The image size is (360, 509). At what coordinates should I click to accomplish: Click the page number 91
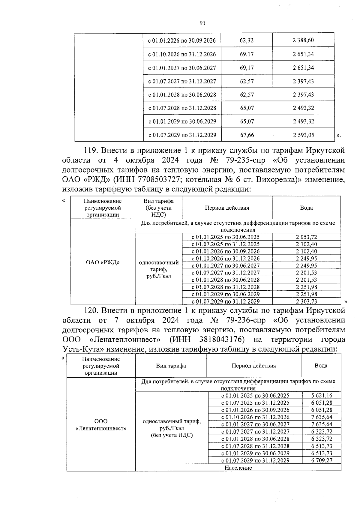coord(202,23)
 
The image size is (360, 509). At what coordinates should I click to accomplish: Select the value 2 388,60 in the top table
coord(303,40)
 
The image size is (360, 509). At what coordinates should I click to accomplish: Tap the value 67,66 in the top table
coord(247,135)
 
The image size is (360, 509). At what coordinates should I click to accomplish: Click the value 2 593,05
coord(304,135)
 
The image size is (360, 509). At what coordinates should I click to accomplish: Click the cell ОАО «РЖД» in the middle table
coord(103,262)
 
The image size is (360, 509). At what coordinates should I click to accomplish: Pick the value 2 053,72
coord(306,237)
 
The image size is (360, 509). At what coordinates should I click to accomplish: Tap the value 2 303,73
coord(306,301)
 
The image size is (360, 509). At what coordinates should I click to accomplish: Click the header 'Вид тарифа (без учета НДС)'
coord(158,208)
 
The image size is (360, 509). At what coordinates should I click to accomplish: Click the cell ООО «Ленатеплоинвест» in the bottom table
coord(101,425)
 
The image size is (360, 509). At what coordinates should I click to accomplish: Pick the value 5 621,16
coord(322,396)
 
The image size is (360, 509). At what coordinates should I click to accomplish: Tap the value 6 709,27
coord(322,460)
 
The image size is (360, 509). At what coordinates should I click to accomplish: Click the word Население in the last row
coord(238,468)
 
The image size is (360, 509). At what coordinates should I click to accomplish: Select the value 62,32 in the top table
coord(247,40)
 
